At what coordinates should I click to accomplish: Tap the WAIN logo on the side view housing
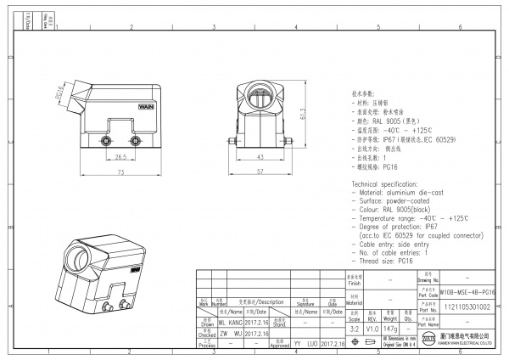pos(142,108)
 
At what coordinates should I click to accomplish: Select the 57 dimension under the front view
pos(259,172)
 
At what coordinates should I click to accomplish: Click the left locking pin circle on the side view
pos(108,139)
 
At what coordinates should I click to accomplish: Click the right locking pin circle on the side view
pos(133,139)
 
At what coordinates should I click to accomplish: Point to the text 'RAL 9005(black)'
pos(406,207)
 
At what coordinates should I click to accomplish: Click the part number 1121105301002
pos(467,307)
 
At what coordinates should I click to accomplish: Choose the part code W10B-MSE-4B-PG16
pos(467,291)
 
